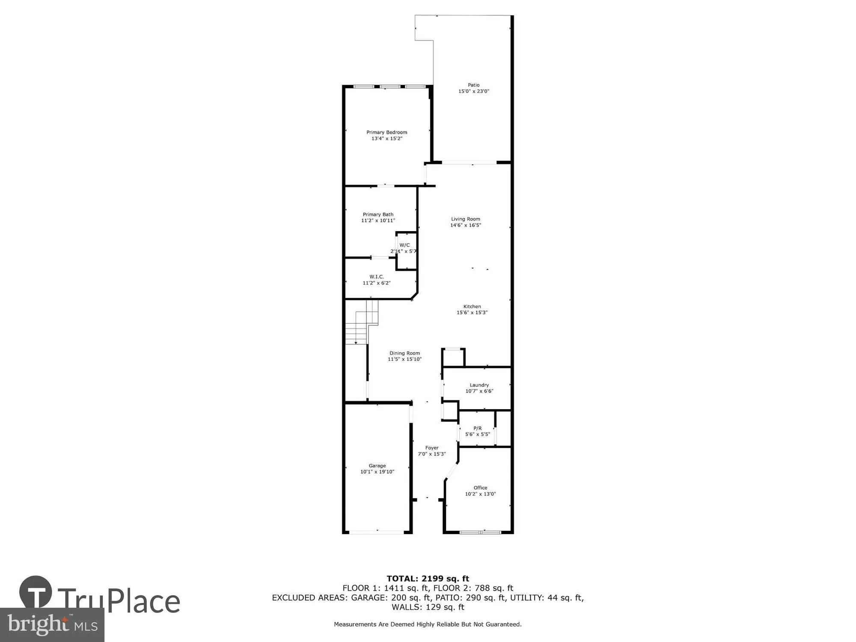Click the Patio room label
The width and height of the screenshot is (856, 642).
[473, 85]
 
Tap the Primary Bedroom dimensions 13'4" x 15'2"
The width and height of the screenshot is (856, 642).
[386, 139]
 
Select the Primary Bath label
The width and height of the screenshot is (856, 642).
[378, 214]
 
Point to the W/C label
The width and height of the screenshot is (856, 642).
[404, 245]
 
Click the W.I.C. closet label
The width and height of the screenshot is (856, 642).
[377, 277]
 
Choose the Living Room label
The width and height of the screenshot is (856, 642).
[466, 219]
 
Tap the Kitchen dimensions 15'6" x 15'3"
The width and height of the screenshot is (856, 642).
[472, 313]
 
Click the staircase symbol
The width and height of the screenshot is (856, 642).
[362, 322]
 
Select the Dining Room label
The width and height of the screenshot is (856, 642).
[404, 354]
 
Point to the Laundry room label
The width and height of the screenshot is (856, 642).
[479, 385]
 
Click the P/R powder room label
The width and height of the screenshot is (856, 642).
[477, 428]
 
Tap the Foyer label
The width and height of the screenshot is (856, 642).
[432, 448]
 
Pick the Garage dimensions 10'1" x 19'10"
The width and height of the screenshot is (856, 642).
[377, 472]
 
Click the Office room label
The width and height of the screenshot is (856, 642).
[480, 488]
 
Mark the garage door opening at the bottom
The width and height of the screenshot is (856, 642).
[377, 532]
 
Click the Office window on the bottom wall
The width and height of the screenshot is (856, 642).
[480, 532]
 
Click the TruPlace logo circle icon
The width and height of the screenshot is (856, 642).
[36, 592]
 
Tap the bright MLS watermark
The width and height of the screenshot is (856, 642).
[52, 625]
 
